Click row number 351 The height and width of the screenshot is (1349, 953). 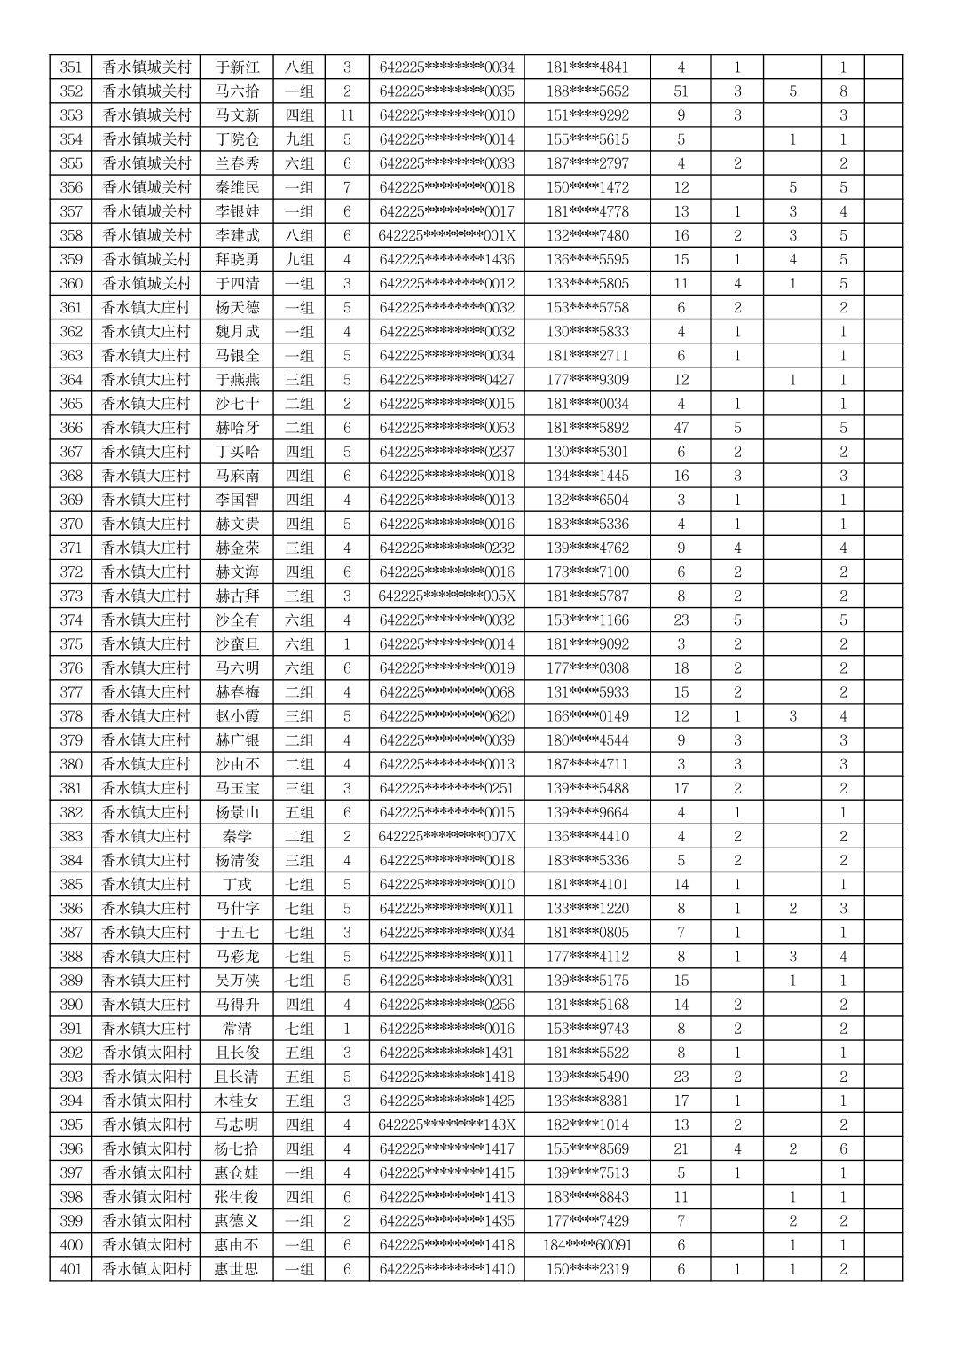[x=70, y=67]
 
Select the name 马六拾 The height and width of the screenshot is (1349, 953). [x=237, y=91]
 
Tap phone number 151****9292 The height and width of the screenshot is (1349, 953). [x=587, y=115]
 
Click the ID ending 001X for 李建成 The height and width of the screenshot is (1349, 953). [x=446, y=235]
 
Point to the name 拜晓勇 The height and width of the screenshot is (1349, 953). [x=237, y=259]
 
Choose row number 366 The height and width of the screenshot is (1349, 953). [x=70, y=428]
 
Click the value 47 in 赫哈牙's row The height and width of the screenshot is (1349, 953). [x=681, y=428]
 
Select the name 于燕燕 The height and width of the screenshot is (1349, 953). [x=237, y=380]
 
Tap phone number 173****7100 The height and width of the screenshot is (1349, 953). [x=587, y=572]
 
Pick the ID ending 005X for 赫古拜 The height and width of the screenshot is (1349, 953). [x=446, y=596]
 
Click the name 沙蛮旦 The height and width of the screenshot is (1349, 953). [x=237, y=643]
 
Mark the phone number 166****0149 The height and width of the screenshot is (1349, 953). [x=587, y=716]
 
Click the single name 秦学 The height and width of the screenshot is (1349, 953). [x=237, y=836]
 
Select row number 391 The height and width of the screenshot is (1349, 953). [x=70, y=1029]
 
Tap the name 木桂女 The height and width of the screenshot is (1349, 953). [x=237, y=1100]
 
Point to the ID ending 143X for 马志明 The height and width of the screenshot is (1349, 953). [x=446, y=1124]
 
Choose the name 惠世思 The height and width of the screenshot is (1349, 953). [x=237, y=1269]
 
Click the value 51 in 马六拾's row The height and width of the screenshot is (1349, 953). [x=681, y=91]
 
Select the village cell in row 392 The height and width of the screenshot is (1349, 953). [x=146, y=1053]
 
